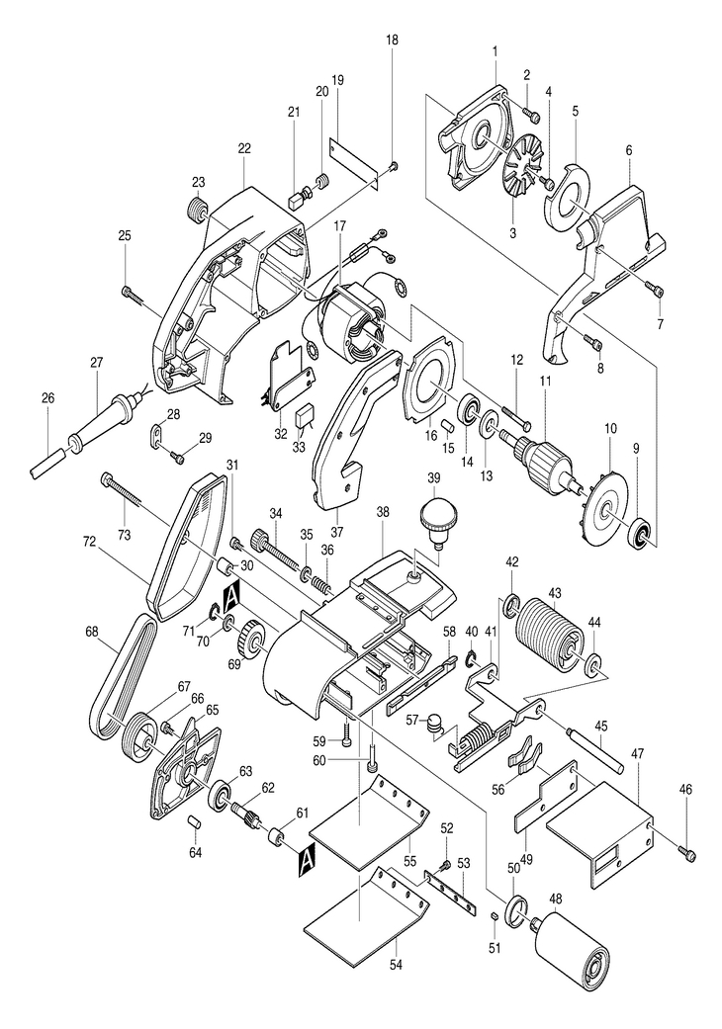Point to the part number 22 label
(x=244, y=149)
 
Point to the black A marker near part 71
(x=231, y=598)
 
